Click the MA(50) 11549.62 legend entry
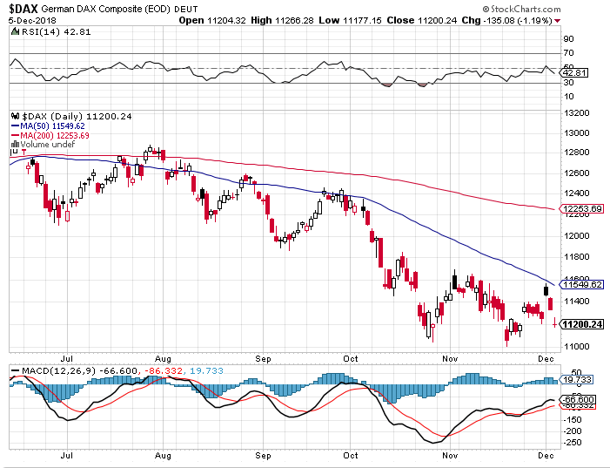pyautogui.click(x=50, y=126)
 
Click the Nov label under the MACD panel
pyautogui.click(x=450, y=455)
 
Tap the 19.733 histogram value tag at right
pyautogui.click(x=579, y=380)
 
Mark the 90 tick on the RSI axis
pyautogui.click(x=568, y=39)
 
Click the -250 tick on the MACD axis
pyautogui.click(x=573, y=442)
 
